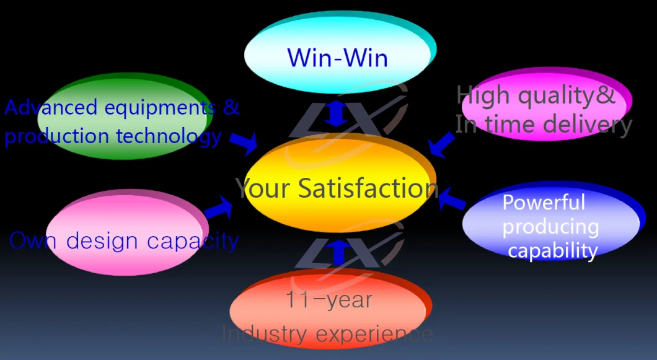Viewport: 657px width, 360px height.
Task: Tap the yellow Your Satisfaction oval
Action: pyautogui.click(x=340, y=183)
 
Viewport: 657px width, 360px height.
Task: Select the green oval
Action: pyautogui.click(x=125, y=116)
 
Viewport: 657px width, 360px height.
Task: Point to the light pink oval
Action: pyautogui.click(x=127, y=232)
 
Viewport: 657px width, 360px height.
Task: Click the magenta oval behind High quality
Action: pyautogui.click(x=547, y=103)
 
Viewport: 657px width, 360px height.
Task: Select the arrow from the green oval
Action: pyautogui.click(x=244, y=143)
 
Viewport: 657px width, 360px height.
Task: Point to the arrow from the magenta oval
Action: pyautogui.click(x=442, y=145)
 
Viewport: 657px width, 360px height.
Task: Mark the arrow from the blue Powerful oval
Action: pyautogui.click(x=452, y=199)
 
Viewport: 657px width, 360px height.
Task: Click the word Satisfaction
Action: pyautogui.click(x=368, y=188)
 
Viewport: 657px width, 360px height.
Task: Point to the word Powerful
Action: pyautogui.click(x=544, y=203)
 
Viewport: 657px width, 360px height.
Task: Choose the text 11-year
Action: pyautogui.click(x=328, y=300)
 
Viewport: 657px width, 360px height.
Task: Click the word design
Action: pyautogui.click(x=102, y=242)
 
